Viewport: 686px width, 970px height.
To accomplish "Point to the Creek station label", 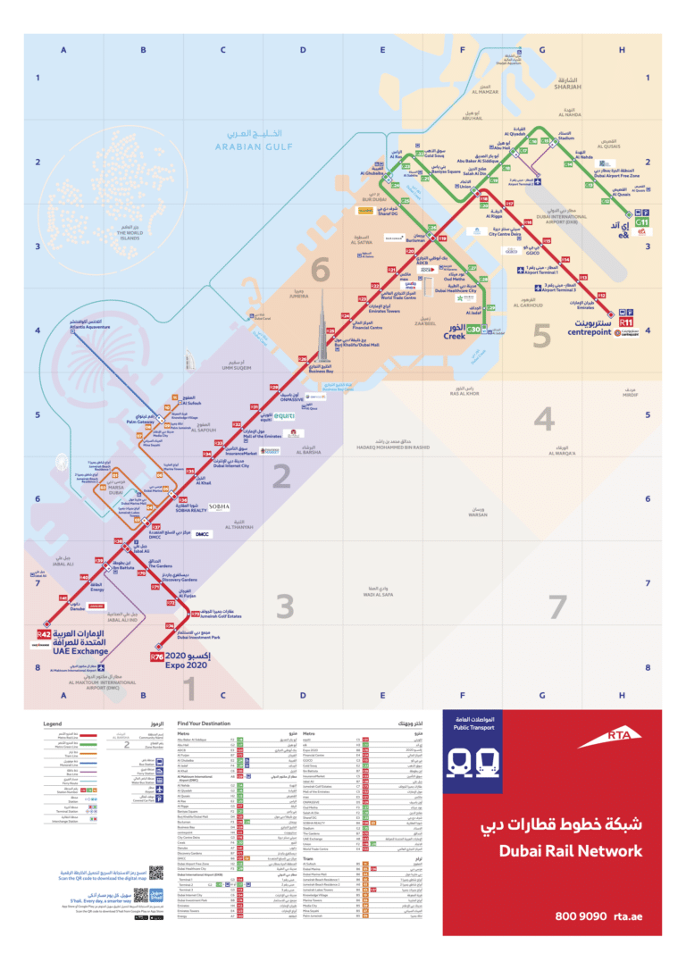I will (455, 336).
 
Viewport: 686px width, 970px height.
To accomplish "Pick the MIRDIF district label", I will (631, 394).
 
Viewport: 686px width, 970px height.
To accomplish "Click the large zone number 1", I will (189, 688).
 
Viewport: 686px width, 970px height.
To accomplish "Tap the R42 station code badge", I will (45, 632).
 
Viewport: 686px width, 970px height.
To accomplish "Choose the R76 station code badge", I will (157, 657).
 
